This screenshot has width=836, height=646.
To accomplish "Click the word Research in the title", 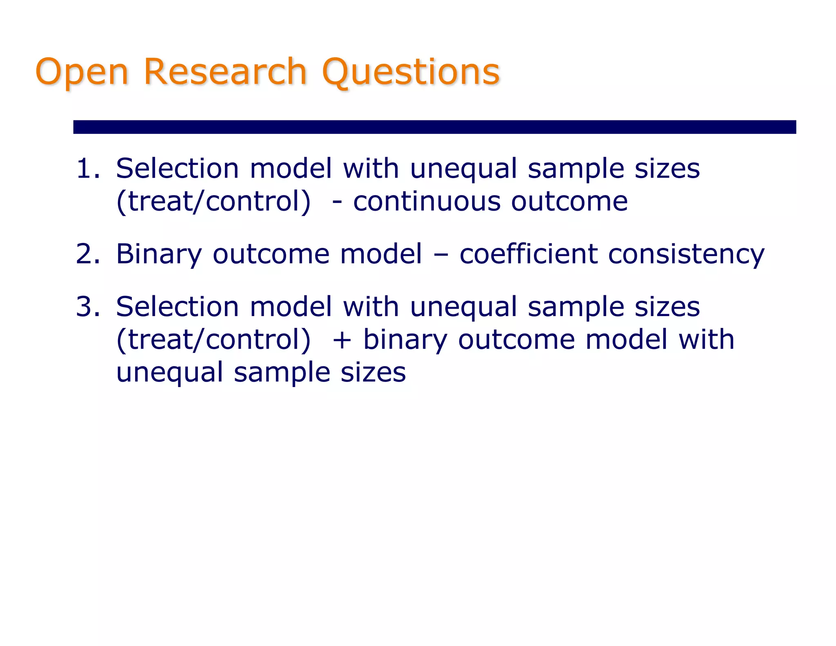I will (x=225, y=72).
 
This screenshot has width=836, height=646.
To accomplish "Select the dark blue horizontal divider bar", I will (x=434, y=127).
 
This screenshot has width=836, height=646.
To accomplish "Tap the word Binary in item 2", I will (x=159, y=254).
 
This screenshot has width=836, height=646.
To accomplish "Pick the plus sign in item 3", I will (x=342, y=340).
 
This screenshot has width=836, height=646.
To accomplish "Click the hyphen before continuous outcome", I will (x=337, y=202).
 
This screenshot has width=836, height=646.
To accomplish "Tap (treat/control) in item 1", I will (x=213, y=201).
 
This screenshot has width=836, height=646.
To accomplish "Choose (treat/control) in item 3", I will (x=213, y=340).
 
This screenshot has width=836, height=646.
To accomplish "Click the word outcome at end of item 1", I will (x=569, y=201).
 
